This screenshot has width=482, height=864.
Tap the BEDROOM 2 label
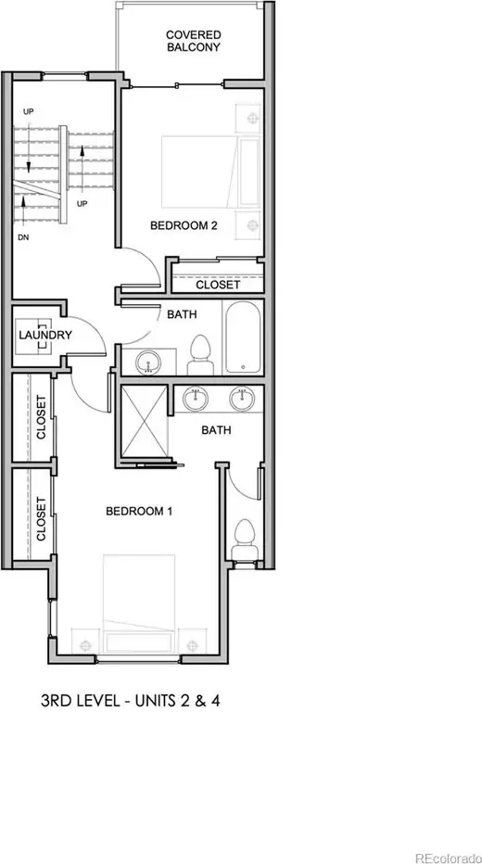(x=184, y=225)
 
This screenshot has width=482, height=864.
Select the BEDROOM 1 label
(x=139, y=512)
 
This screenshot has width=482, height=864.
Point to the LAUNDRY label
(x=45, y=335)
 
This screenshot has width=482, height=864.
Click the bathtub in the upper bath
(x=242, y=337)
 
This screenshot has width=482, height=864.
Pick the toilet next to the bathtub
(x=200, y=355)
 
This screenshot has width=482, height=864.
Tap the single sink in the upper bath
(x=147, y=362)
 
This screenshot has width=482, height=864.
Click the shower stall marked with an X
(x=144, y=422)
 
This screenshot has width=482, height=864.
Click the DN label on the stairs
(x=23, y=238)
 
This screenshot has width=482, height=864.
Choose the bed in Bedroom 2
(x=210, y=172)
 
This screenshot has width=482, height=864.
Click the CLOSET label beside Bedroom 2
(x=218, y=285)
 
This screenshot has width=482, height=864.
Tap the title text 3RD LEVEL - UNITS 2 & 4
(x=131, y=702)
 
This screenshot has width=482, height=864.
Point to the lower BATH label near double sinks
(x=216, y=430)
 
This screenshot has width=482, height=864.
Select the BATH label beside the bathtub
(x=183, y=314)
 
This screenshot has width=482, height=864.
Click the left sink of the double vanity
(x=195, y=399)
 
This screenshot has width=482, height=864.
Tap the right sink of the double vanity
(x=242, y=399)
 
